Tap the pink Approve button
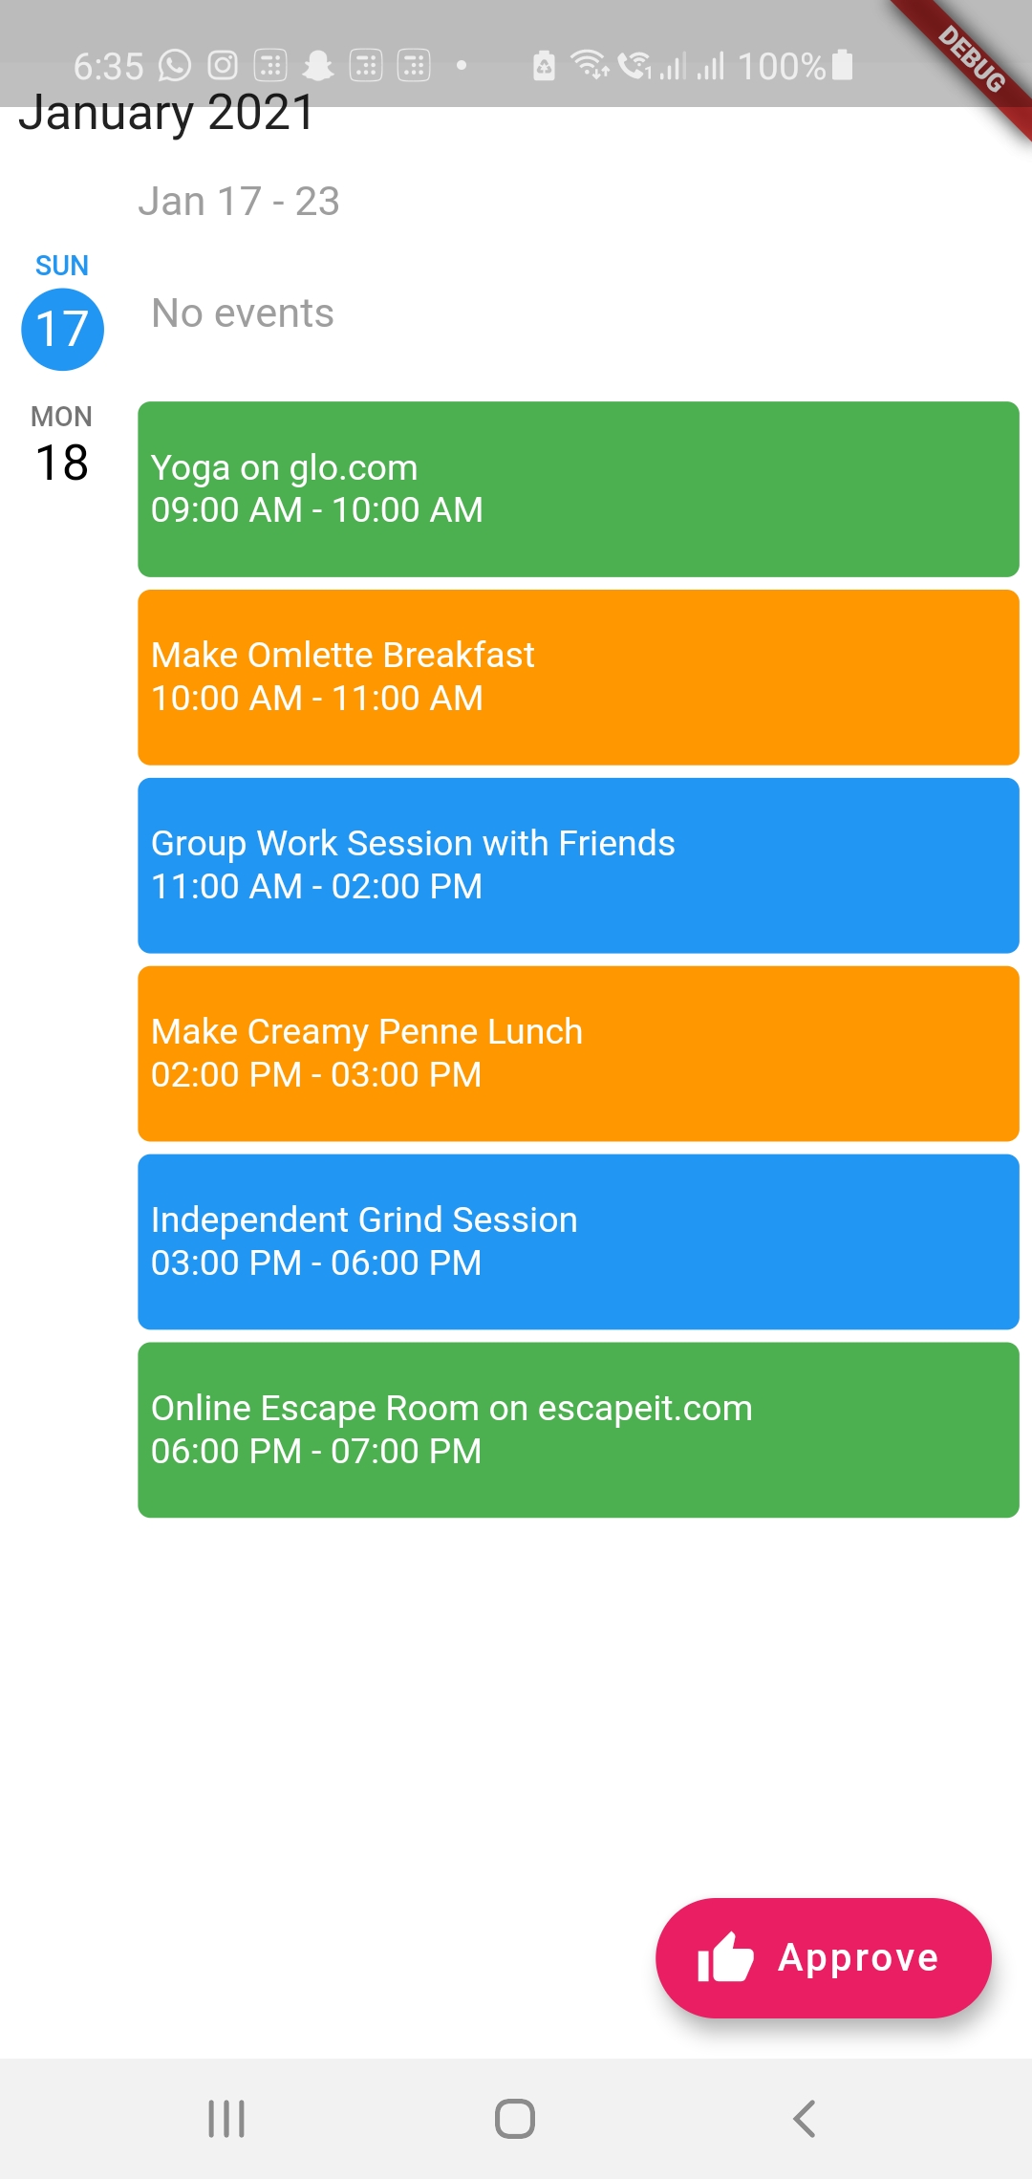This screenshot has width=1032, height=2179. click(x=824, y=1957)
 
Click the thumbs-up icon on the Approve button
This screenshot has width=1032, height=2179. click(x=725, y=1956)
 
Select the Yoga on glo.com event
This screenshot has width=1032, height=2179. click(x=578, y=489)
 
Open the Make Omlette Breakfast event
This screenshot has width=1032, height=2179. click(x=578, y=678)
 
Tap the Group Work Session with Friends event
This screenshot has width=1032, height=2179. click(x=578, y=866)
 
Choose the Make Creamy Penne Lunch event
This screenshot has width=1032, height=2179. click(x=578, y=1054)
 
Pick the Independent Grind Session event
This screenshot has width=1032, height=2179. click(x=578, y=1242)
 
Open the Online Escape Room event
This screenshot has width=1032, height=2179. click(x=578, y=1431)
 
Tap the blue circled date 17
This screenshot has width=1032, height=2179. click(x=62, y=330)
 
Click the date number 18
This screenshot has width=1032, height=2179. click(x=62, y=464)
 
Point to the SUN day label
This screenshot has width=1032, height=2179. click(x=62, y=266)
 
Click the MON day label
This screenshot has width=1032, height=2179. click(x=62, y=417)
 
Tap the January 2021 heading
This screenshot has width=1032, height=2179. click(x=166, y=113)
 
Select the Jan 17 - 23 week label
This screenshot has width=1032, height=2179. click(x=239, y=202)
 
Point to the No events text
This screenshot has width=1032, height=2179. click(x=243, y=313)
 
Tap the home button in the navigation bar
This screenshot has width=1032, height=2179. click(x=515, y=2119)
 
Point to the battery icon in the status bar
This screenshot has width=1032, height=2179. click(x=842, y=64)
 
